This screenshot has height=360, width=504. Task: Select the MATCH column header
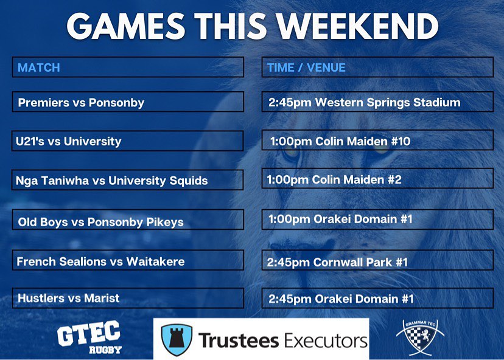click(x=127, y=67)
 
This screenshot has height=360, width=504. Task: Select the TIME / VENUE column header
click(x=377, y=67)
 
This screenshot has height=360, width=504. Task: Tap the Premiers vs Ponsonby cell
click(x=127, y=102)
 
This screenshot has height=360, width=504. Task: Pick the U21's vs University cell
click(x=127, y=141)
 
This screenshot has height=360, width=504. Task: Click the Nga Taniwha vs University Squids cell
click(x=127, y=180)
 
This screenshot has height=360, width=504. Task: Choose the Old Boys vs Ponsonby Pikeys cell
click(x=127, y=220)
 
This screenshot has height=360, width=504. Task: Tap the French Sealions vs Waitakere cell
click(x=127, y=261)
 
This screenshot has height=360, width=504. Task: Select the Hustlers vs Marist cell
click(x=127, y=298)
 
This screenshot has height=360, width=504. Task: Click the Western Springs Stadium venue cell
click(x=377, y=102)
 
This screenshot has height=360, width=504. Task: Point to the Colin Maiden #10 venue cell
click(x=377, y=141)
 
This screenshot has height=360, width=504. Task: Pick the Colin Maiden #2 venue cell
click(x=377, y=180)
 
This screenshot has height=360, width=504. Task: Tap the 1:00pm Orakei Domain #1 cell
click(x=377, y=218)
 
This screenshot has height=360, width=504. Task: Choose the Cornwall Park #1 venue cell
click(x=377, y=262)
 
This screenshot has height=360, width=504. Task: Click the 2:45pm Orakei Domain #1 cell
click(x=377, y=299)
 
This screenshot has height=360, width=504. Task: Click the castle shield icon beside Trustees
click(x=177, y=339)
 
